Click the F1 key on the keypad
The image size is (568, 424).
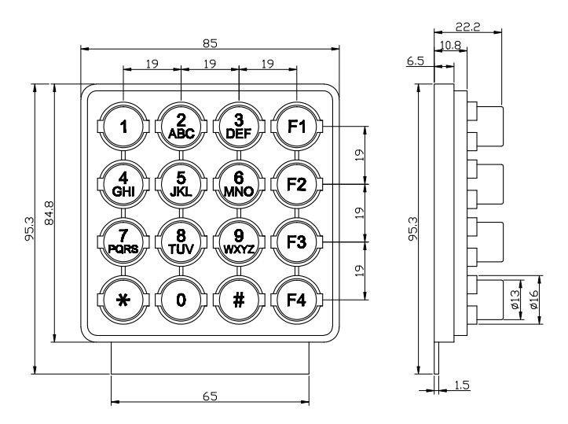(x=297, y=127)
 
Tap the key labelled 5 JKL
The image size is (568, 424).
(x=181, y=184)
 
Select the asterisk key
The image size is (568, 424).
(x=123, y=300)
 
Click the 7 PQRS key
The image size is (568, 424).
(x=123, y=242)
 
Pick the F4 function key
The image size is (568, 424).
(x=297, y=300)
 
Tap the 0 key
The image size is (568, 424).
(x=181, y=300)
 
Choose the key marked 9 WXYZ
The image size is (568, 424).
(x=239, y=242)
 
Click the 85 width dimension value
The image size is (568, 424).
(x=210, y=43)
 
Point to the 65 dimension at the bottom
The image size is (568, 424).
(x=210, y=396)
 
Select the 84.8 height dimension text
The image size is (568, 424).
(x=49, y=213)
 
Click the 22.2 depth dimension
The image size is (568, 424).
(x=467, y=27)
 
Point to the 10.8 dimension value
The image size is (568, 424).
(x=450, y=46)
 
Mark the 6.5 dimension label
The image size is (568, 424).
(x=415, y=61)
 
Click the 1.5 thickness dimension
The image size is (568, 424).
(x=461, y=385)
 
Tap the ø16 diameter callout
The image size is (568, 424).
(x=534, y=300)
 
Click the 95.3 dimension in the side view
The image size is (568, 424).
(x=412, y=228)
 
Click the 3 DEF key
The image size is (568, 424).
(x=239, y=127)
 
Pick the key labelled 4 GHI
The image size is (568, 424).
(x=123, y=184)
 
